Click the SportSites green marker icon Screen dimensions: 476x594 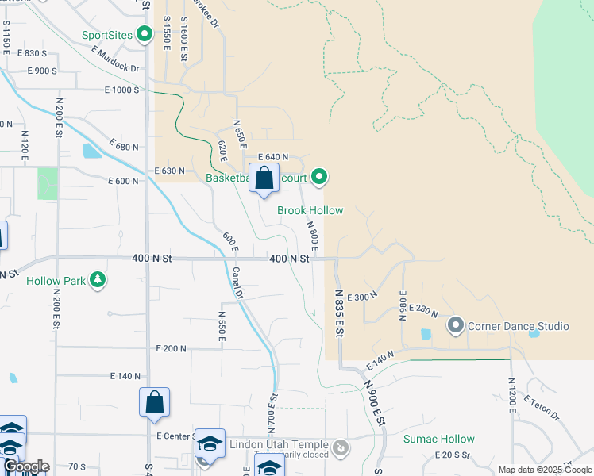tap(145, 34)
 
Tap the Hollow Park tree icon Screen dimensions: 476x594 tap(98, 279)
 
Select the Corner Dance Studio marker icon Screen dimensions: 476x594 tap(456, 325)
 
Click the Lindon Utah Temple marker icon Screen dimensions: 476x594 tap(341, 449)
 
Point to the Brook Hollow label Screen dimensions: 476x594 tap(310, 210)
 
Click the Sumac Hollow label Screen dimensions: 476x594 tap(438, 439)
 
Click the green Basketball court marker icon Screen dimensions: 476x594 tap(319, 177)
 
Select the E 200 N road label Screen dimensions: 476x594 tap(172, 348)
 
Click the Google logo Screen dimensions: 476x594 tap(25, 466)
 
